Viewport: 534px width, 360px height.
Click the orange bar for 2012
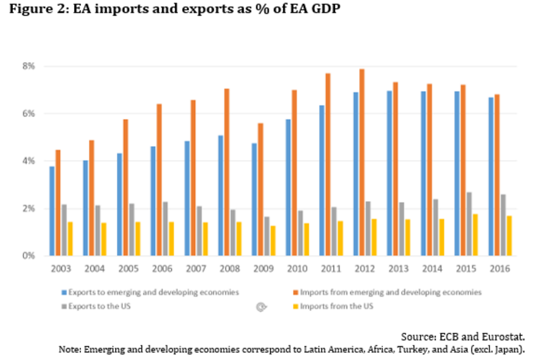coord(362,162)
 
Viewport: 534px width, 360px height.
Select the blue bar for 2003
coord(52,211)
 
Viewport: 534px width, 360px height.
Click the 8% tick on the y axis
coord(29,66)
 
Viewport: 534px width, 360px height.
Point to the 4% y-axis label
coord(29,161)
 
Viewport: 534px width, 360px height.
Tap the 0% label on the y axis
coord(29,256)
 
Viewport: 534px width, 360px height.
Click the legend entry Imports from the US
coord(336,306)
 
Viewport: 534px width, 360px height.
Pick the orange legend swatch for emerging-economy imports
coord(295,292)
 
